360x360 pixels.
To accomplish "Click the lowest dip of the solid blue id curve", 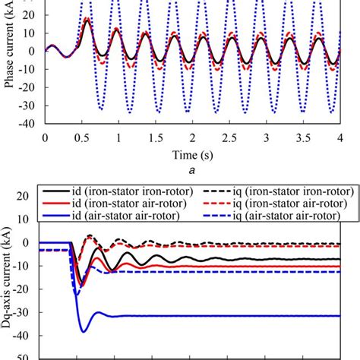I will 83,332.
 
